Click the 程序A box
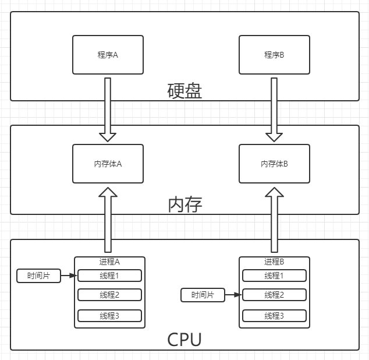tap(108, 55)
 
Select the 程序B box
tap(274, 55)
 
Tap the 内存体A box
tap(108, 164)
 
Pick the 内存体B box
tap(274, 164)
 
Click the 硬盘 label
tap(185, 91)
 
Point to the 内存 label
tap(185, 204)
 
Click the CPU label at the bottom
tap(185, 339)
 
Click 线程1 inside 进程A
tap(109, 276)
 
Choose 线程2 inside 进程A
tap(109, 295)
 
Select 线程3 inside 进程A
tap(109, 316)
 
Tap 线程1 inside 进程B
tap(274, 276)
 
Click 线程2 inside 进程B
tap(274, 295)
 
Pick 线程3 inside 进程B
tap(274, 316)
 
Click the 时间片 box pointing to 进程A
tap(38, 276)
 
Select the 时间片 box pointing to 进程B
tap(203, 295)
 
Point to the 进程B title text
tap(274, 262)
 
